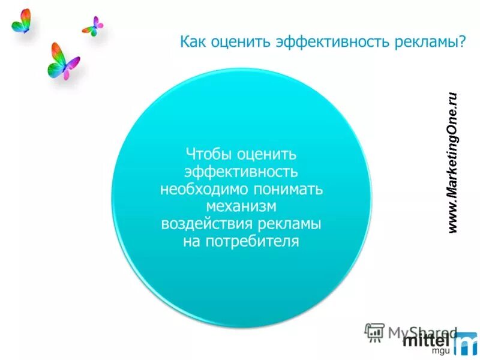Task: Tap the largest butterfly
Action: (x=62, y=61)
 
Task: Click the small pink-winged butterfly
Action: (x=93, y=26)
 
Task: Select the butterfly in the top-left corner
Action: (x=22, y=21)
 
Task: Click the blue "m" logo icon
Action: (x=465, y=343)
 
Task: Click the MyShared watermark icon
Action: (x=374, y=332)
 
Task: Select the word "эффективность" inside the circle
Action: (x=241, y=172)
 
